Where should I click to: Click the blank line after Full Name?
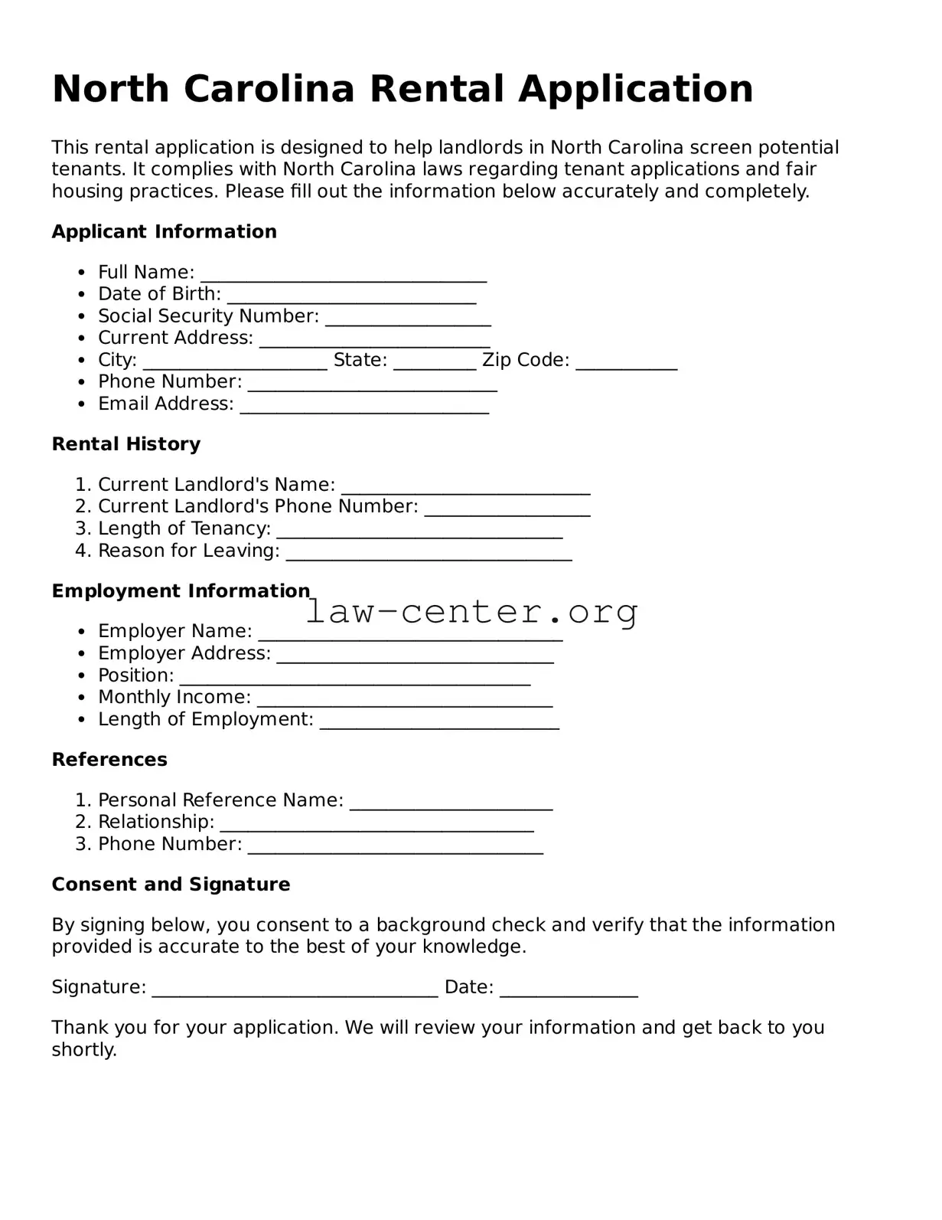343,276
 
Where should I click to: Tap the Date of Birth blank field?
351,298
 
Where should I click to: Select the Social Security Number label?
208,316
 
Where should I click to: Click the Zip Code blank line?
626,364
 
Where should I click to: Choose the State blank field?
435,364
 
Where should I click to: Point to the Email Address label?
165,404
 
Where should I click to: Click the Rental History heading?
126,444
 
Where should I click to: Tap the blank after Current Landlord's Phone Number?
507,510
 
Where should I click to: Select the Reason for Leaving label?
188,551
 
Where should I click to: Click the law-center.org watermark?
471,612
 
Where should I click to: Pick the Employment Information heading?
181,591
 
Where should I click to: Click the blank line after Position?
354,679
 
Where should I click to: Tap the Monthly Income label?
174,697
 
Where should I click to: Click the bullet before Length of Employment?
82,721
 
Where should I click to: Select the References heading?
109,760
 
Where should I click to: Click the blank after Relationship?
376,826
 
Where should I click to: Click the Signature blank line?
295,991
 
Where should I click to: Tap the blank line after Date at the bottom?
568,991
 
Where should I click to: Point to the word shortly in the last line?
83,1049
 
